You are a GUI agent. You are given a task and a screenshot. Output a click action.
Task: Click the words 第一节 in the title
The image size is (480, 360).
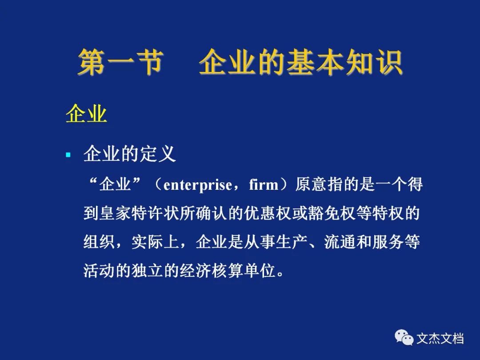(120, 63)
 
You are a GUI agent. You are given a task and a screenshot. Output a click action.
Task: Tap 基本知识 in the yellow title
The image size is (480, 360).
(345, 63)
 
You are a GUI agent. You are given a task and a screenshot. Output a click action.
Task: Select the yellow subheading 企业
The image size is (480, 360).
(86, 114)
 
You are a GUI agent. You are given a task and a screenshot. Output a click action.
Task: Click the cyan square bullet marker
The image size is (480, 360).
(68, 155)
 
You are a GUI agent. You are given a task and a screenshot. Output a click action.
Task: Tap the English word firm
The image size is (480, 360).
(264, 185)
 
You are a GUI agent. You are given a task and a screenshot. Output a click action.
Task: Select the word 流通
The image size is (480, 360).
(340, 242)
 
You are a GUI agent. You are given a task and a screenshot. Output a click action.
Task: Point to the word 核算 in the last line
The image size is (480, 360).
(228, 271)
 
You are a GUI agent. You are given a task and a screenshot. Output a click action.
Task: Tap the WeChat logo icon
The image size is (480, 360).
(404, 337)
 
